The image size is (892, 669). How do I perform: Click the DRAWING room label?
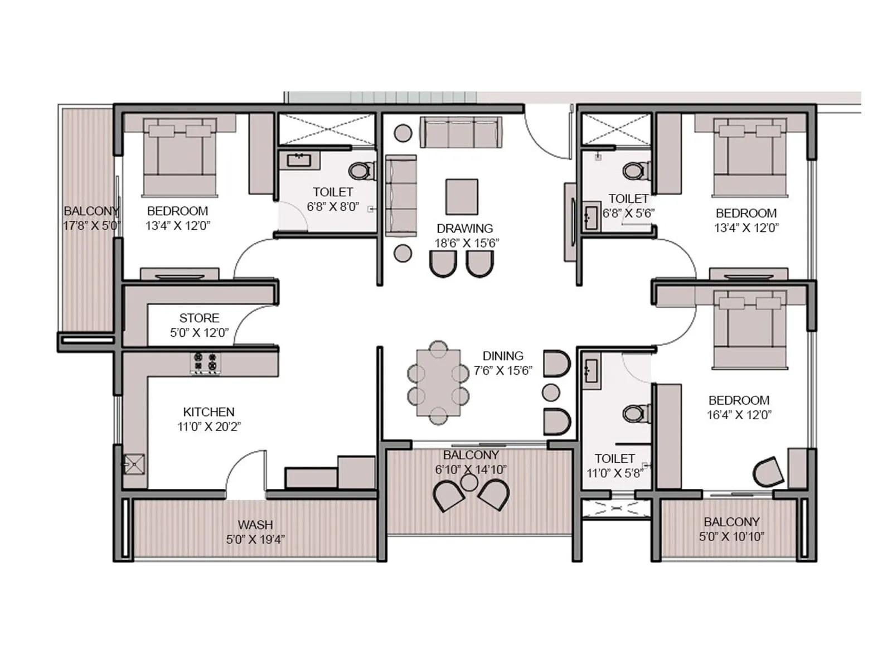pyautogui.click(x=464, y=229)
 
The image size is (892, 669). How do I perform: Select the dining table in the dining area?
pyautogui.click(x=439, y=382)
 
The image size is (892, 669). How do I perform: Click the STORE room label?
pyautogui.click(x=199, y=318)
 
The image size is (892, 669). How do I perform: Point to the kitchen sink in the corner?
pyautogui.click(x=134, y=464)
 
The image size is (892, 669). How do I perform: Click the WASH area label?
pyautogui.click(x=255, y=525)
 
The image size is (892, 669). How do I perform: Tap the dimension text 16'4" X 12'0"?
pyautogui.click(x=739, y=415)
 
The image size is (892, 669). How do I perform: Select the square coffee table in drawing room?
pyautogui.click(x=462, y=197)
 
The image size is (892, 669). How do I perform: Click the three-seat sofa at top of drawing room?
pyautogui.click(x=461, y=132)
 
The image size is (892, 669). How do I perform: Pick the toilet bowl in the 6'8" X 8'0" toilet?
pyautogui.click(x=361, y=171)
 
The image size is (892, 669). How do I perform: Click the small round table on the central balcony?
pyautogui.click(x=470, y=483)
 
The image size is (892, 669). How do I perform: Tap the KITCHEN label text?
pyautogui.click(x=209, y=412)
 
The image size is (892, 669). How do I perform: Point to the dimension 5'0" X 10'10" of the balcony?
pyautogui.click(x=731, y=537)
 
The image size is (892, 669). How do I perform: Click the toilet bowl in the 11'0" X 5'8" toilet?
pyautogui.click(x=634, y=413)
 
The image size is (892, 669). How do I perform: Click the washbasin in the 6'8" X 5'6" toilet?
pyautogui.click(x=590, y=216)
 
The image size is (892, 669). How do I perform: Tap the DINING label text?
pyautogui.click(x=502, y=356)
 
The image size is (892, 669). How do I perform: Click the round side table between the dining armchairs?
pyautogui.click(x=551, y=392)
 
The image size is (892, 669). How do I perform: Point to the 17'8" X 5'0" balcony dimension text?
pyautogui.click(x=91, y=226)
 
